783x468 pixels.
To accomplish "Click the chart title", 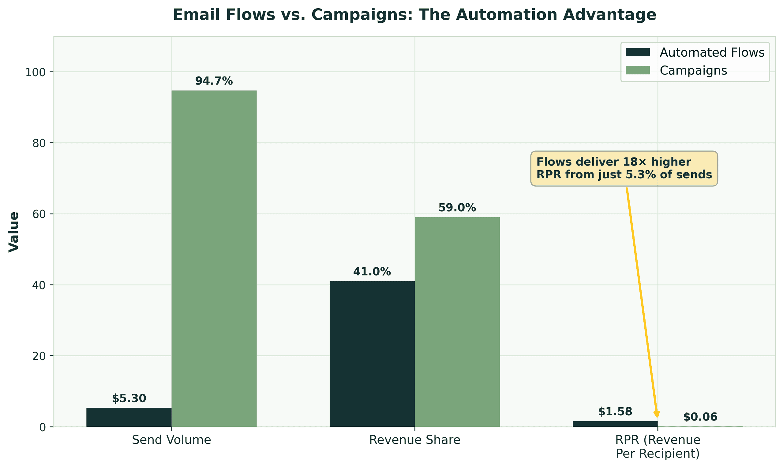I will pyautogui.click(x=414, y=15).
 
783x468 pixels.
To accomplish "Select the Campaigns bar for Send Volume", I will pyautogui.click(x=214, y=259).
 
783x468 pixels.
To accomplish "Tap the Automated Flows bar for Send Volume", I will pyautogui.click(x=129, y=417).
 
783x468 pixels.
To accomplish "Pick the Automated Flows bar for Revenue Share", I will pyautogui.click(x=372, y=354).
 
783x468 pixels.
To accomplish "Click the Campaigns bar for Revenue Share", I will pyautogui.click(x=457, y=322).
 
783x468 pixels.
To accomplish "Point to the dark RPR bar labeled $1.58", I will pyautogui.click(x=615, y=424).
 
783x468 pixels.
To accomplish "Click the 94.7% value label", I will pyautogui.click(x=214, y=81).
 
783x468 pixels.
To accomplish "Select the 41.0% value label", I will pyautogui.click(x=372, y=272).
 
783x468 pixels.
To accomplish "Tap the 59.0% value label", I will pyautogui.click(x=457, y=208).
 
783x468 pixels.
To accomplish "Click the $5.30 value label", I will pyautogui.click(x=129, y=398).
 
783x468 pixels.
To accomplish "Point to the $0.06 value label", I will pyautogui.click(x=700, y=417).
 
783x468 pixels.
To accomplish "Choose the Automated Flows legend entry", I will pyautogui.click(x=695, y=52).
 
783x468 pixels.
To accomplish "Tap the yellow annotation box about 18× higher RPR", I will pyautogui.click(x=624, y=168).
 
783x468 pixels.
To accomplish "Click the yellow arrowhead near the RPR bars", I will pyautogui.click(x=657, y=414).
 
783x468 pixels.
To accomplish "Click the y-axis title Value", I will pyautogui.click(x=14, y=232).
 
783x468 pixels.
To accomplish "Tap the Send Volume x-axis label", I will pyautogui.click(x=171, y=440).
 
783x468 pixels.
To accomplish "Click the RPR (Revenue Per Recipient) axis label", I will pyautogui.click(x=657, y=447).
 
